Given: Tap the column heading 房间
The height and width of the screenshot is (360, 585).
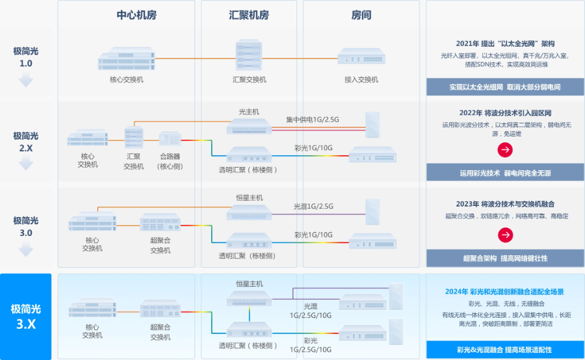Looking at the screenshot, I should tap(361, 15).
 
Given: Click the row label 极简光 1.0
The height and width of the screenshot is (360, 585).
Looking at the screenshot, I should tap(26, 57).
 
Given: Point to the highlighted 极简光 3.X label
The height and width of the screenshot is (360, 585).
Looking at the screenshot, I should tap(26, 316).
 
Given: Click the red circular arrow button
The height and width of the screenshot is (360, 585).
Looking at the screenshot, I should tap(505, 149).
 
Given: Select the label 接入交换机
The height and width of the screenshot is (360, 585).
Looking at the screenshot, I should tap(361, 79).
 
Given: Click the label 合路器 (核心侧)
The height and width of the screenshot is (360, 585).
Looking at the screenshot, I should tap(170, 161).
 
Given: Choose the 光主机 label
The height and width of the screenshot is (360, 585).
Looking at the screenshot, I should tap(249, 111).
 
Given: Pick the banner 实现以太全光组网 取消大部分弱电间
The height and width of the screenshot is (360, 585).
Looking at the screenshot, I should tap(504, 87).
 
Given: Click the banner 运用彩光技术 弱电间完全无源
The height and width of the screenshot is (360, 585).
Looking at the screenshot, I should tap(504, 173).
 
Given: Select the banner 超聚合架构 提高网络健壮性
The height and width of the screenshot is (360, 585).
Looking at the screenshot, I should tap(504, 258).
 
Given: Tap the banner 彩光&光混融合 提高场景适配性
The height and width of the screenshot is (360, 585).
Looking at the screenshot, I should tap(504, 350).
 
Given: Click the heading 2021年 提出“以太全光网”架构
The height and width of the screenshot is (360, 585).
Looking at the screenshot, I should tap(504, 44).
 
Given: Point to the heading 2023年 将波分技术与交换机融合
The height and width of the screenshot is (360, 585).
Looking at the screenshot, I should tap(504, 203).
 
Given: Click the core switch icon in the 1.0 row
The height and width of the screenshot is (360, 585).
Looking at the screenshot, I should tap(127, 58).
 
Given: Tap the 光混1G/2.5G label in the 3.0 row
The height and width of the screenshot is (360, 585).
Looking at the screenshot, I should tap(313, 207).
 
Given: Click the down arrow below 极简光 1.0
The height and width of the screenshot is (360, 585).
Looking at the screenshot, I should tap(25, 81).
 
